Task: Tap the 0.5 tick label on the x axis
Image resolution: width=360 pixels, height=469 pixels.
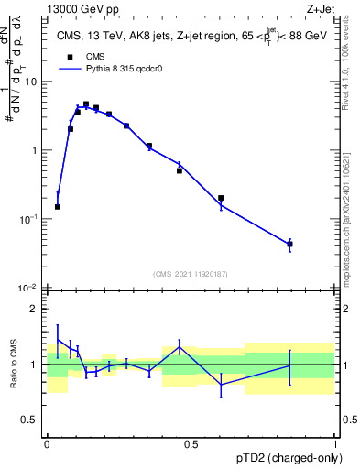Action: pos(191,444)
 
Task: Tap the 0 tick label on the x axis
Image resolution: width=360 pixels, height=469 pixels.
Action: pos(47,444)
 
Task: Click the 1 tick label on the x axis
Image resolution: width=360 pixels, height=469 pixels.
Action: pos(334,444)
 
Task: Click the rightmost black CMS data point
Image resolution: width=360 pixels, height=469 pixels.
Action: pos(289,244)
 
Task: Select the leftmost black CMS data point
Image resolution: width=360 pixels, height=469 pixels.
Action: pos(58,207)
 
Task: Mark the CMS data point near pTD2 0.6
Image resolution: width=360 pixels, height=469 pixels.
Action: pos(221,198)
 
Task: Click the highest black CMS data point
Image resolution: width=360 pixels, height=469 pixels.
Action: pos(86,104)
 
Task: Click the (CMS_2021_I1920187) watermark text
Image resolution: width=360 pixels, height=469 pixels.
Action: pos(190,273)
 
